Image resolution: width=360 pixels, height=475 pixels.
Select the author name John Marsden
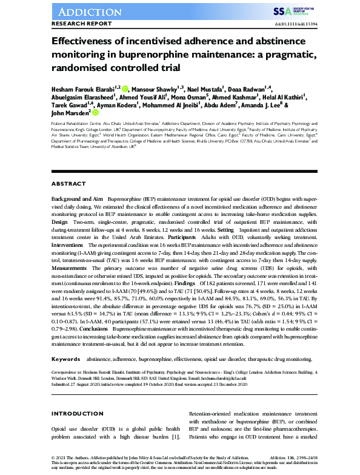[70, 112]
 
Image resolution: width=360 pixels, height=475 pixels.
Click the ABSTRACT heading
[68, 184]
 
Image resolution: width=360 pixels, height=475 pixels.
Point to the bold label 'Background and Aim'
[77, 200]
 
